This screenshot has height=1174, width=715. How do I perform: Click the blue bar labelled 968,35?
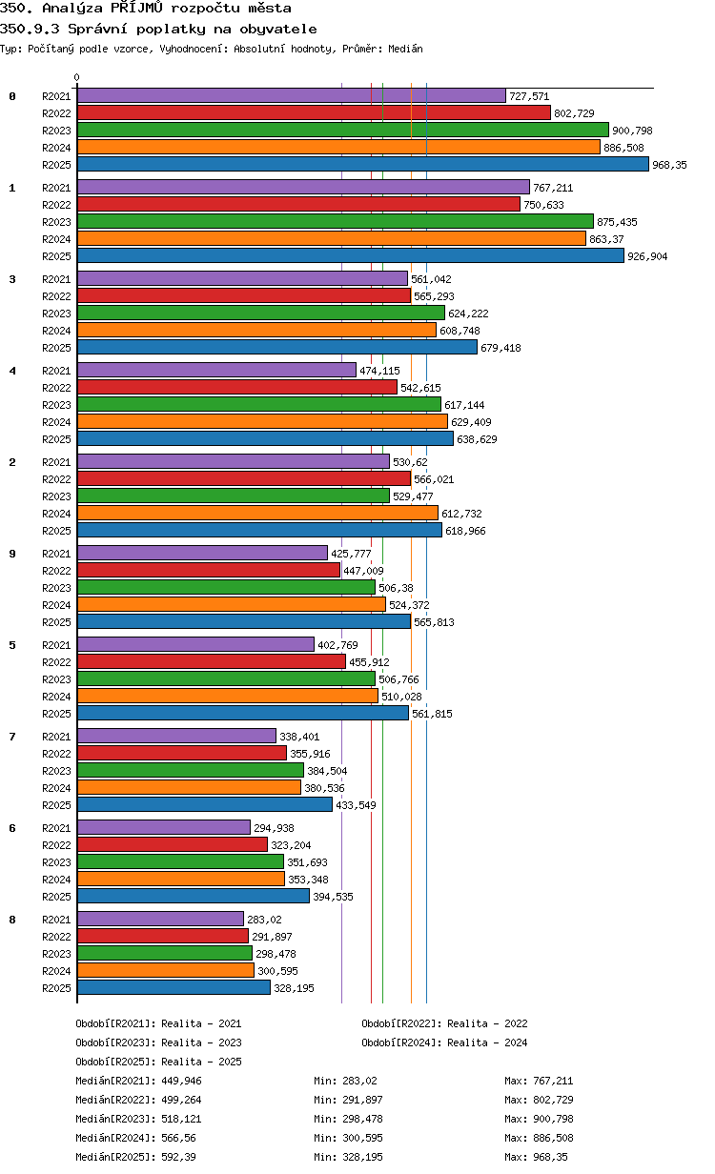pyautogui.click(x=362, y=164)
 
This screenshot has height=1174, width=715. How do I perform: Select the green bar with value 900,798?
pyautogui.click(x=343, y=130)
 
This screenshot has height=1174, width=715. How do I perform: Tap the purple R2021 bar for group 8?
pyautogui.click(x=160, y=919)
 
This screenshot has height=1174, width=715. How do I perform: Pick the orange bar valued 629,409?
pyautogui.click(x=262, y=421)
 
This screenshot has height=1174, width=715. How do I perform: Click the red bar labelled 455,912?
pyautogui.click(x=212, y=661)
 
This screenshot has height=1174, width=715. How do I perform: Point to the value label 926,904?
pyautogui.click(x=647, y=256)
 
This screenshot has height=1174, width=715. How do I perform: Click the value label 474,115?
pyautogui.click(x=379, y=371)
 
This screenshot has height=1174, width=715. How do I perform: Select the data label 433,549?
pyautogui.click(x=356, y=805)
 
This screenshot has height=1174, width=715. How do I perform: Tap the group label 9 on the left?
pyautogui.click(x=12, y=554)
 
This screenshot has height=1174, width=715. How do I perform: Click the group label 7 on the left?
pyautogui.click(x=12, y=737)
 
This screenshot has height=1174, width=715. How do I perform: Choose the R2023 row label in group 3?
pyautogui.click(x=56, y=314)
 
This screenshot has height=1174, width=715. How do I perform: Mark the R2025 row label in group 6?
pyautogui.click(x=56, y=897)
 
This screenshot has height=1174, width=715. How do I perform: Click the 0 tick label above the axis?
pyautogui.click(x=76, y=77)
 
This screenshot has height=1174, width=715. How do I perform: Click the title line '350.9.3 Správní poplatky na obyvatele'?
pyautogui.click(x=158, y=29)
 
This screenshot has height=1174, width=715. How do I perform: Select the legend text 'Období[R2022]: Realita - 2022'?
pyautogui.click(x=444, y=1023)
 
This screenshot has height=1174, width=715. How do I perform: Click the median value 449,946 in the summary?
pyautogui.click(x=181, y=1081)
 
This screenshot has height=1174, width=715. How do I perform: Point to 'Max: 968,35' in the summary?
pyautogui.click(x=536, y=1157)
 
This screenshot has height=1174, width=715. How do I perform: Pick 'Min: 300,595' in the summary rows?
pyautogui.click(x=348, y=1138)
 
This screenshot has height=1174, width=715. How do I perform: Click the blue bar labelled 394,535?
pyautogui.click(x=194, y=896)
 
